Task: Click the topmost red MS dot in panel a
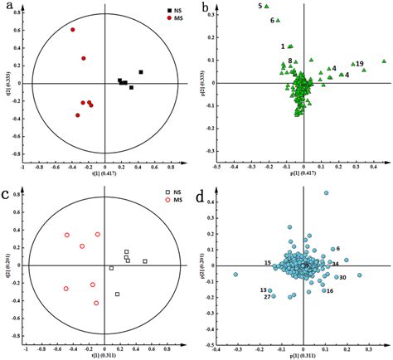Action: coord(72,30)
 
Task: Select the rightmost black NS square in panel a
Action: coord(141,72)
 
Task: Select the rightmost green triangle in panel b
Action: coord(384,61)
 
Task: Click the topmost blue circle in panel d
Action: coord(326,193)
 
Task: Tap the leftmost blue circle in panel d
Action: coord(235,274)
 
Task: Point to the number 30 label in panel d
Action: coord(342,277)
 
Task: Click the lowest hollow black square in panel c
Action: coord(117,294)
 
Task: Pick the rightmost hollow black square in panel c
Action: coord(144,261)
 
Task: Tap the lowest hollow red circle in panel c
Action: coord(96,304)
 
